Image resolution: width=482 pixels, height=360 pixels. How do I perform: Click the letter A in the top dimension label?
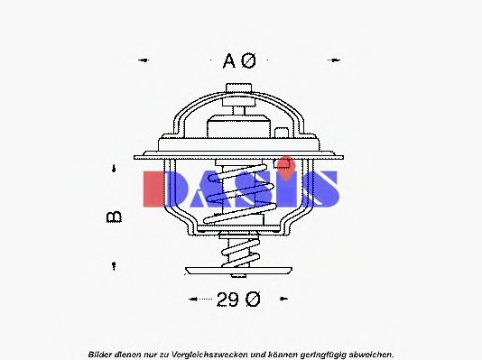(x=228, y=61)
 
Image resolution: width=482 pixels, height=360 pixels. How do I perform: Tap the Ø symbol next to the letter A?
(x=249, y=61)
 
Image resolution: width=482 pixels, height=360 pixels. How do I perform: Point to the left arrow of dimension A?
(x=143, y=61)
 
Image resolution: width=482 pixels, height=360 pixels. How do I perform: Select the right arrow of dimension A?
(x=338, y=61)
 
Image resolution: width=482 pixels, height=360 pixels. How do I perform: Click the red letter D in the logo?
(x=162, y=187)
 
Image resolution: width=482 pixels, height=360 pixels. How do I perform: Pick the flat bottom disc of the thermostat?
(x=240, y=270)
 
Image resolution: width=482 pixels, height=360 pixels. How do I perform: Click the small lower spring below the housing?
(x=240, y=247)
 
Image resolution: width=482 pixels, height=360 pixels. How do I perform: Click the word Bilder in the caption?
(x=101, y=353)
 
